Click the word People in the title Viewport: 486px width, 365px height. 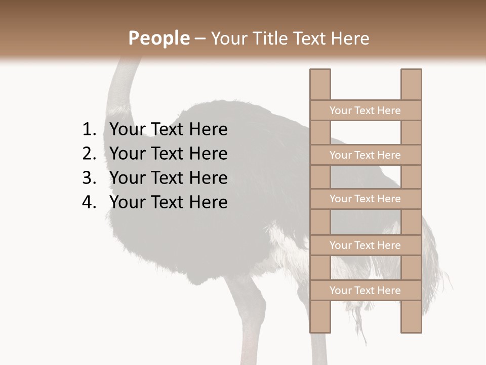[158, 39]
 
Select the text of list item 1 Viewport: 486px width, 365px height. [168, 130]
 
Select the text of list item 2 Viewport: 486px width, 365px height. [168, 154]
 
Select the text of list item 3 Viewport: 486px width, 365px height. [168, 178]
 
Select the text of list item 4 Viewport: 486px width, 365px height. [168, 202]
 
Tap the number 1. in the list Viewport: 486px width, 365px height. [89, 130]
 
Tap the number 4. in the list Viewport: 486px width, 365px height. [89, 202]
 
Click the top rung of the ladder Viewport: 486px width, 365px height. [365, 111]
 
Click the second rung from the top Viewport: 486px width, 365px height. [365, 155]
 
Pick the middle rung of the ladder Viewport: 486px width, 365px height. [365, 199]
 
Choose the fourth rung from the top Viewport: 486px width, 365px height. [365, 245]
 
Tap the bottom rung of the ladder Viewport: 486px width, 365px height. [365, 290]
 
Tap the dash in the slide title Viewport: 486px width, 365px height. [199, 39]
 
